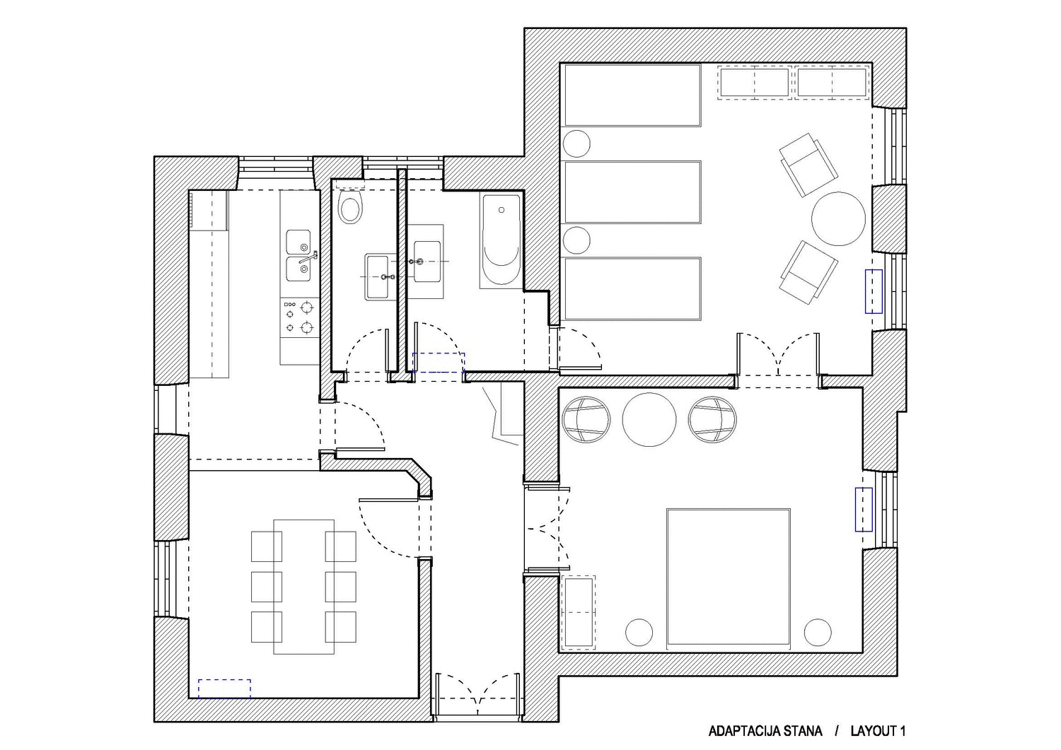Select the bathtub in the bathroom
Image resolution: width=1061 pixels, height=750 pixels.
[x=501, y=241]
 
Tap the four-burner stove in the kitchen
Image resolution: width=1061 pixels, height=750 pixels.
[x=299, y=317]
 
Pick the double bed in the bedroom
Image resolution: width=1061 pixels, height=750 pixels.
[x=728, y=577]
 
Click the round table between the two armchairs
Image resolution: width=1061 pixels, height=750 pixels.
[x=838, y=218]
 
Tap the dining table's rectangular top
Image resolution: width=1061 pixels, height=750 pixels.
[x=303, y=587]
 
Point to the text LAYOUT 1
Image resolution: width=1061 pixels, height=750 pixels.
[x=879, y=731]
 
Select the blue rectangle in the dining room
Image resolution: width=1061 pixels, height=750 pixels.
[x=224, y=689]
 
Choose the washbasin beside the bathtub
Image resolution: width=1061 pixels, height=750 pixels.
[x=426, y=262]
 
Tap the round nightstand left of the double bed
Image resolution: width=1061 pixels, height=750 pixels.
[x=639, y=632]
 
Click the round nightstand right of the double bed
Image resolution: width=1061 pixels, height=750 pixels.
[x=818, y=632]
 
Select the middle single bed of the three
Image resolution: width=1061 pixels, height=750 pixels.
[x=632, y=192]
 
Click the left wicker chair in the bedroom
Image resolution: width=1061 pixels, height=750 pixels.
[x=586, y=419]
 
